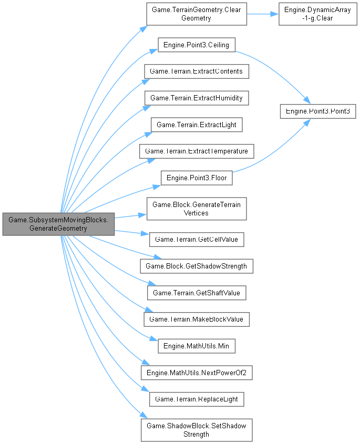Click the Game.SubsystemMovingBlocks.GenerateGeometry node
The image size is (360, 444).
[58, 224]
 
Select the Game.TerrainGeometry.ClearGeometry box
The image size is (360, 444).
[196, 14]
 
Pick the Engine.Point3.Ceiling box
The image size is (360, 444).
[196, 45]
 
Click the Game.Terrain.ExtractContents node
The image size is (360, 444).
[196, 71]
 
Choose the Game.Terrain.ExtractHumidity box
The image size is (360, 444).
[196, 98]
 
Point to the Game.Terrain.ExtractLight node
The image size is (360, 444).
[196, 125]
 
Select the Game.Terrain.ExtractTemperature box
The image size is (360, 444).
[196, 151]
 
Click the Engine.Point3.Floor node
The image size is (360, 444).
[196, 178]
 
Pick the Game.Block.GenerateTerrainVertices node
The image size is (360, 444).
[196, 209]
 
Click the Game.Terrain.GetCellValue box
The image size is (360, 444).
[196, 239]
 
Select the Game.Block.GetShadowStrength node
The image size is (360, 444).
[196, 266]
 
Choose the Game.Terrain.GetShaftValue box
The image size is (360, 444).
[196, 292]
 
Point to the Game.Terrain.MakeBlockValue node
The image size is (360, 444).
[196, 319]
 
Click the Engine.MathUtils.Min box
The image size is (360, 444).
[196, 346]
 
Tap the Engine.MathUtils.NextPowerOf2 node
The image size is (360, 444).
[196, 373]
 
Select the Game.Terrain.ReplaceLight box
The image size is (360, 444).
[196, 399]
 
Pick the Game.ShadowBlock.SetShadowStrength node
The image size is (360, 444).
[196, 429]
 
